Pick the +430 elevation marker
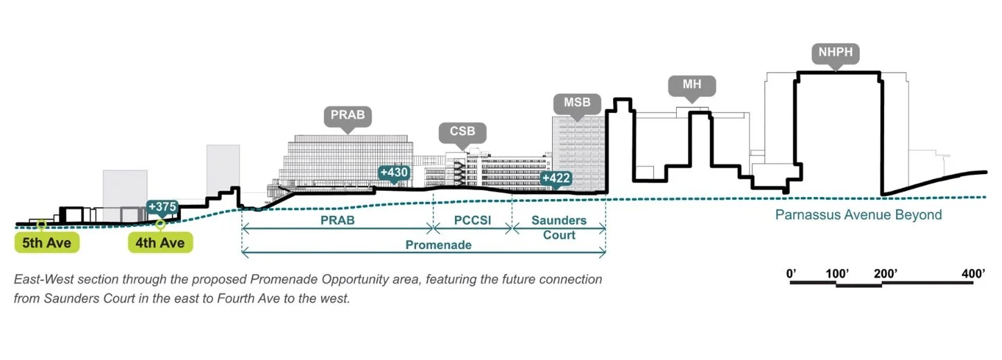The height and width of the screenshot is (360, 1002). [x=394, y=173]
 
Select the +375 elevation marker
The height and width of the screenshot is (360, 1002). [x=162, y=208]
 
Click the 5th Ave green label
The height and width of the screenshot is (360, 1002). [x=46, y=243]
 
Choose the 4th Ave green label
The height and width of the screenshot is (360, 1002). [x=160, y=243]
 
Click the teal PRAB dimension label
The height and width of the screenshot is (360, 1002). [x=337, y=221]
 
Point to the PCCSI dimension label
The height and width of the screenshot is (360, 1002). [x=472, y=221]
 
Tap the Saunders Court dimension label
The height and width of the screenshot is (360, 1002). [x=559, y=228]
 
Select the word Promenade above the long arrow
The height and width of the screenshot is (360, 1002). [x=438, y=245]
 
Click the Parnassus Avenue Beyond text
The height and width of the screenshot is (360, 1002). [x=858, y=215]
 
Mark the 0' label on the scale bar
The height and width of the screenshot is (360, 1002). [x=791, y=273]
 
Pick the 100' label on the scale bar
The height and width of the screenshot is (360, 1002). [x=837, y=273]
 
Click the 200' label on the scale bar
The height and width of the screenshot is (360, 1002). [x=886, y=273]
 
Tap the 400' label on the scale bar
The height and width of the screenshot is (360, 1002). [x=974, y=273]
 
